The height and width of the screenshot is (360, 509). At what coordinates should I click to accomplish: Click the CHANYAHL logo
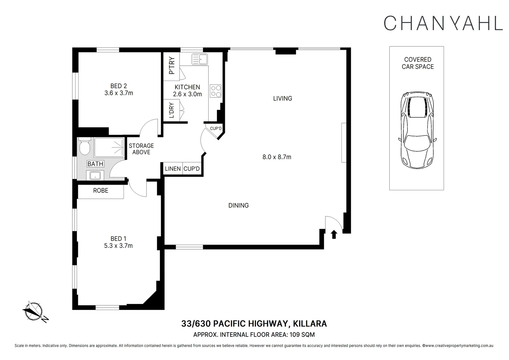coord(443,23)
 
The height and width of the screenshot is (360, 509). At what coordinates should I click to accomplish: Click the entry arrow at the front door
coord(334,235)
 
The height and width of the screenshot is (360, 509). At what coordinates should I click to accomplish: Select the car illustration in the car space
coord(417,130)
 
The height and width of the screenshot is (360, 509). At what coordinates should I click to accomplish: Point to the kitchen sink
coord(200,59)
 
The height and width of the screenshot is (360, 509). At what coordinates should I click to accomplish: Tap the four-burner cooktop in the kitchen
coord(216,91)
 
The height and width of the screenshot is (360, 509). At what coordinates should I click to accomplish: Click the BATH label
coord(95,164)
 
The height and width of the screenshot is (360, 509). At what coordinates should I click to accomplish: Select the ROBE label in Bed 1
coord(101,191)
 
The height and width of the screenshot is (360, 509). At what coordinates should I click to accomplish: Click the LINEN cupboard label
coord(173,169)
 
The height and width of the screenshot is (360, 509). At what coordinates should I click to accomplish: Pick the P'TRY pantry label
coord(172,65)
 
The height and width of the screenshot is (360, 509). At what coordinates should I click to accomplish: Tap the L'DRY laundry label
coord(172,110)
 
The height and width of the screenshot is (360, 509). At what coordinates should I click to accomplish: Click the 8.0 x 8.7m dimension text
coord(277,157)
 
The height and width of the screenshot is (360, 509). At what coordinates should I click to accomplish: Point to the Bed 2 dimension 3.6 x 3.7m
coord(119,93)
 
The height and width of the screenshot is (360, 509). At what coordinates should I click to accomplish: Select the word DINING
coord(239,205)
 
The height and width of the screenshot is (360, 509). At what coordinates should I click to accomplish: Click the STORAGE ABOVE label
coord(141,149)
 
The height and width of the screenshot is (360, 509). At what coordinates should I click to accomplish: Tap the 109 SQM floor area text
coord(302,334)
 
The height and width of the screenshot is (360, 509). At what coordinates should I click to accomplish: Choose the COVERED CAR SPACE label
coord(418,63)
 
